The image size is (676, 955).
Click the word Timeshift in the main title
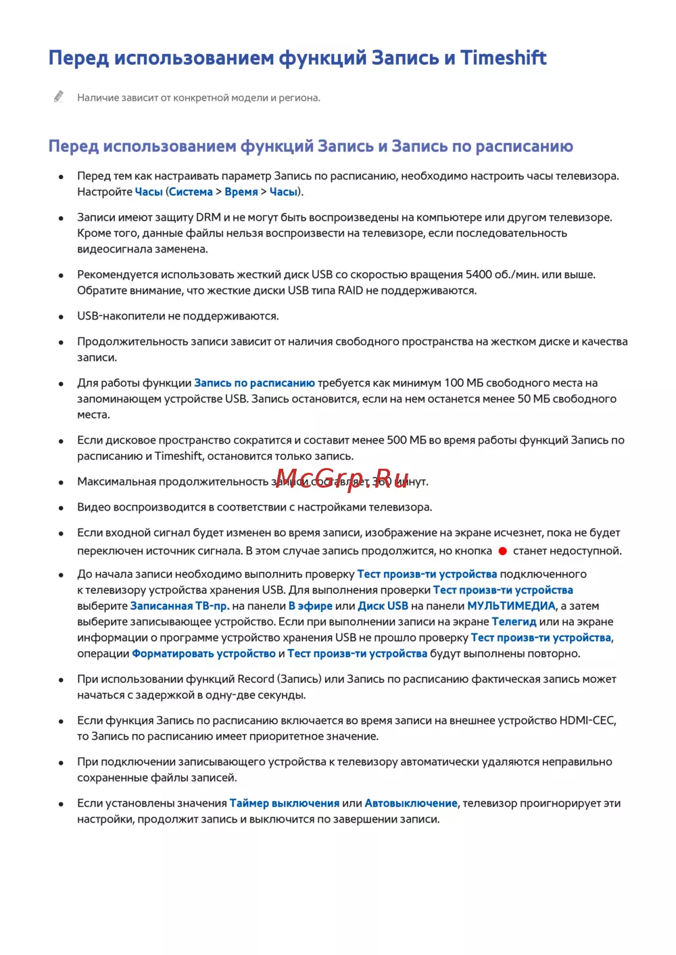click(x=503, y=58)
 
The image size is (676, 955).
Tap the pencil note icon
click(x=59, y=97)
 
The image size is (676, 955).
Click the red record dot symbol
click(x=502, y=551)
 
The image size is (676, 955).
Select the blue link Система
click(x=191, y=192)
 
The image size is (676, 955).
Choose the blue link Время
click(x=241, y=192)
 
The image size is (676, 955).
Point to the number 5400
click(x=479, y=274)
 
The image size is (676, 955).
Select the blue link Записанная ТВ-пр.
click(x=179, y=606)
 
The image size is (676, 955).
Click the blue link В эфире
click(x=310, y=606)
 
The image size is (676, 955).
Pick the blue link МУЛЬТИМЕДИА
click(x=511, y=606)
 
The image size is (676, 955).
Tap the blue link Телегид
click(x=514, y=621)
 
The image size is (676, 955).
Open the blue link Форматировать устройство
click(x=203, y=654)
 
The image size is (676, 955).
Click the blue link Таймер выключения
click(x=285, y=803)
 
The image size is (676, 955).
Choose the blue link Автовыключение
click(x=411, y=803)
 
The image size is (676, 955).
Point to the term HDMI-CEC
click(x=587, y=721)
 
